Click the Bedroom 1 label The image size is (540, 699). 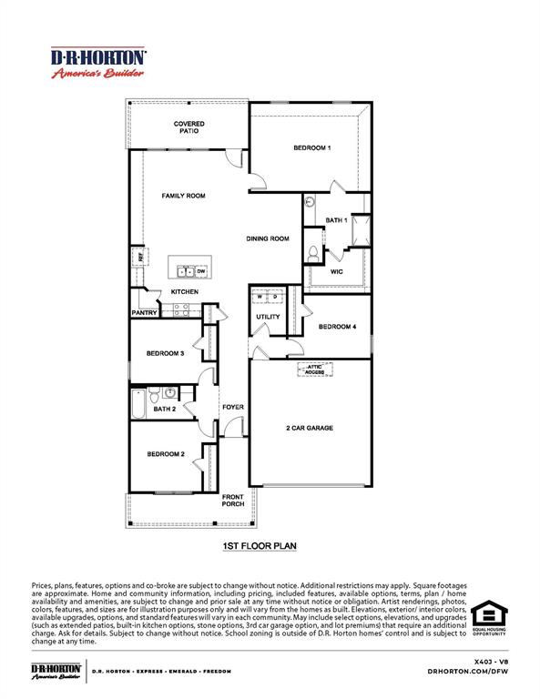(x=311, y=147)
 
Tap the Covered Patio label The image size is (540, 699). (x=189, y=127)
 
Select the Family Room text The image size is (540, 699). (x=183, y=196)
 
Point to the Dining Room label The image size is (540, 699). (x=267, y=238)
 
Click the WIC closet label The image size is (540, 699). (x=336, y=271)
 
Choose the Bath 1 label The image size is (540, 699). (x=336, y=220)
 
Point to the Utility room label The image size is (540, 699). (x=268, y=317)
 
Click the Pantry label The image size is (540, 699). (x=145, y=313)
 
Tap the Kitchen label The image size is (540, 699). (x=185, y=291)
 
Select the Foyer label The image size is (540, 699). (x=233, y=407)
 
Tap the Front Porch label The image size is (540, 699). (x=233, y=501)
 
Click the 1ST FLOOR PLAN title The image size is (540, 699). (x=260, y=547)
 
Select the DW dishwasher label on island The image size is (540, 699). (x=201, y=271)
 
